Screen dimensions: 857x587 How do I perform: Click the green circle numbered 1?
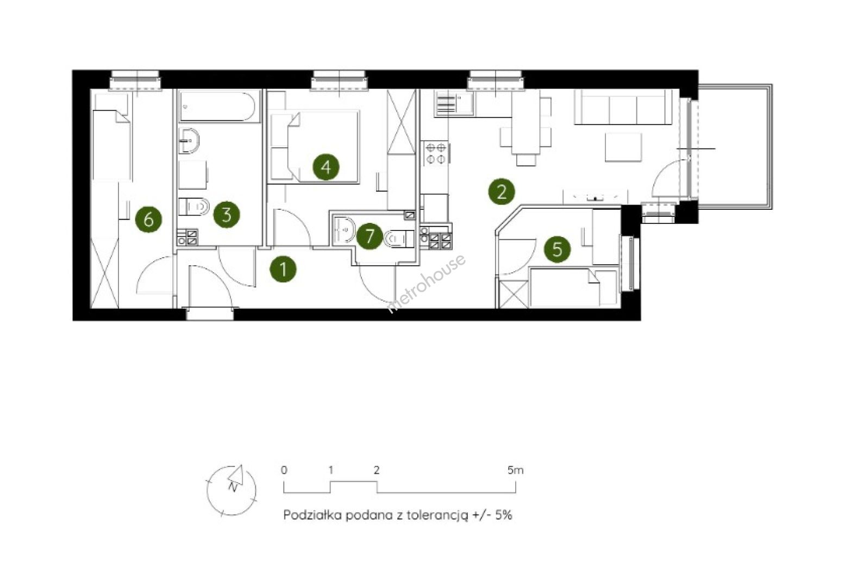pyautogui.click(x=283, y=269)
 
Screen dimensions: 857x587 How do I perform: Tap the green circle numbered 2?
pyautogui.click(x=502, y=191)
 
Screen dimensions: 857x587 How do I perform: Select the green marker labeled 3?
pyautogui.click(x=227, y=215)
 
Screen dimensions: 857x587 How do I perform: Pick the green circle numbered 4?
pyautogui.click(x=326, y=167)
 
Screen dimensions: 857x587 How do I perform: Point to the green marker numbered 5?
pyautogui.click(x=557, y=249)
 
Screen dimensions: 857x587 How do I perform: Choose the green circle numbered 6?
pyautogui.click(x=148, y=220)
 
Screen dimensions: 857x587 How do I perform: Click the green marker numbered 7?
pyautogui.click(x=370, y=236)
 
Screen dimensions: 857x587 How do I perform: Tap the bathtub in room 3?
pyautogui.click(x=218, y=107)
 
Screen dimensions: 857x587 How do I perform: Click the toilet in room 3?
pyautogui.click(x=193, y=207)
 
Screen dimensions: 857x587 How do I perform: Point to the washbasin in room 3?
pyautogui.click(x=189, y=141)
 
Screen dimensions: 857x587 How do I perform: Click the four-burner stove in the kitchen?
pyautogui.click(x=435, y=153)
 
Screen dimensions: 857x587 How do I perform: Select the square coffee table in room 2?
pyautogui.click(x=623, y=147)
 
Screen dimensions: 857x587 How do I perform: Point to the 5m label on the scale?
pyautogui.click(x=515, y=470)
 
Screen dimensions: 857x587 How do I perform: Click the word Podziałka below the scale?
pyautogui.click(x=311, y=515)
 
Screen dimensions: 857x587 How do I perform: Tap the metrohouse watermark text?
pyautogui.click(x=426, y=284)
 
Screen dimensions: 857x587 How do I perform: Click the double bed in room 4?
pyautogui.click(x=315, y=146)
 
